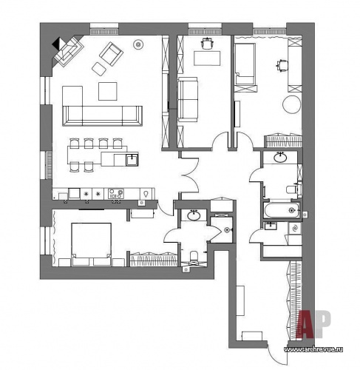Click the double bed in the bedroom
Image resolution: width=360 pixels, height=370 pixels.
pos(91,244)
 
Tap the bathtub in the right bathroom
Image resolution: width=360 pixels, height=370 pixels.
pos(282,210)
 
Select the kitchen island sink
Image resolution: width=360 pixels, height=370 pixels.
pos(132,160)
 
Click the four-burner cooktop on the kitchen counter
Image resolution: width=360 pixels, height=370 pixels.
pos(116,193)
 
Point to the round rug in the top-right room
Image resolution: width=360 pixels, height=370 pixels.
pos(292,104)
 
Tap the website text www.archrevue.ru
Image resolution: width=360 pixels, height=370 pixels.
pos(313,349)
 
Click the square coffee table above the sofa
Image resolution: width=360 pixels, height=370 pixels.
pos(108,91)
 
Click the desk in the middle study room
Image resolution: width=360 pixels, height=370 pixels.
pos(207,58)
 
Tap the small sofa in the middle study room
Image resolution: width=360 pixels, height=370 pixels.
pos(188,99)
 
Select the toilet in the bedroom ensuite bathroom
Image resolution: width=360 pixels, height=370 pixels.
pos(194,256)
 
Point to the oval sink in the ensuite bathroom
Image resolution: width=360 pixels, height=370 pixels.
pos(194,215)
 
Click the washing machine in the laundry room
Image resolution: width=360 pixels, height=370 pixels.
pos(295,228)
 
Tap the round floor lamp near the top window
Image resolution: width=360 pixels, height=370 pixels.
pos(138,44)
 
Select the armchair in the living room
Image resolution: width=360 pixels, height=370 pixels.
pos(111,54)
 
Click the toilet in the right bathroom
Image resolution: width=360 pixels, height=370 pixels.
pos(293,189)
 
